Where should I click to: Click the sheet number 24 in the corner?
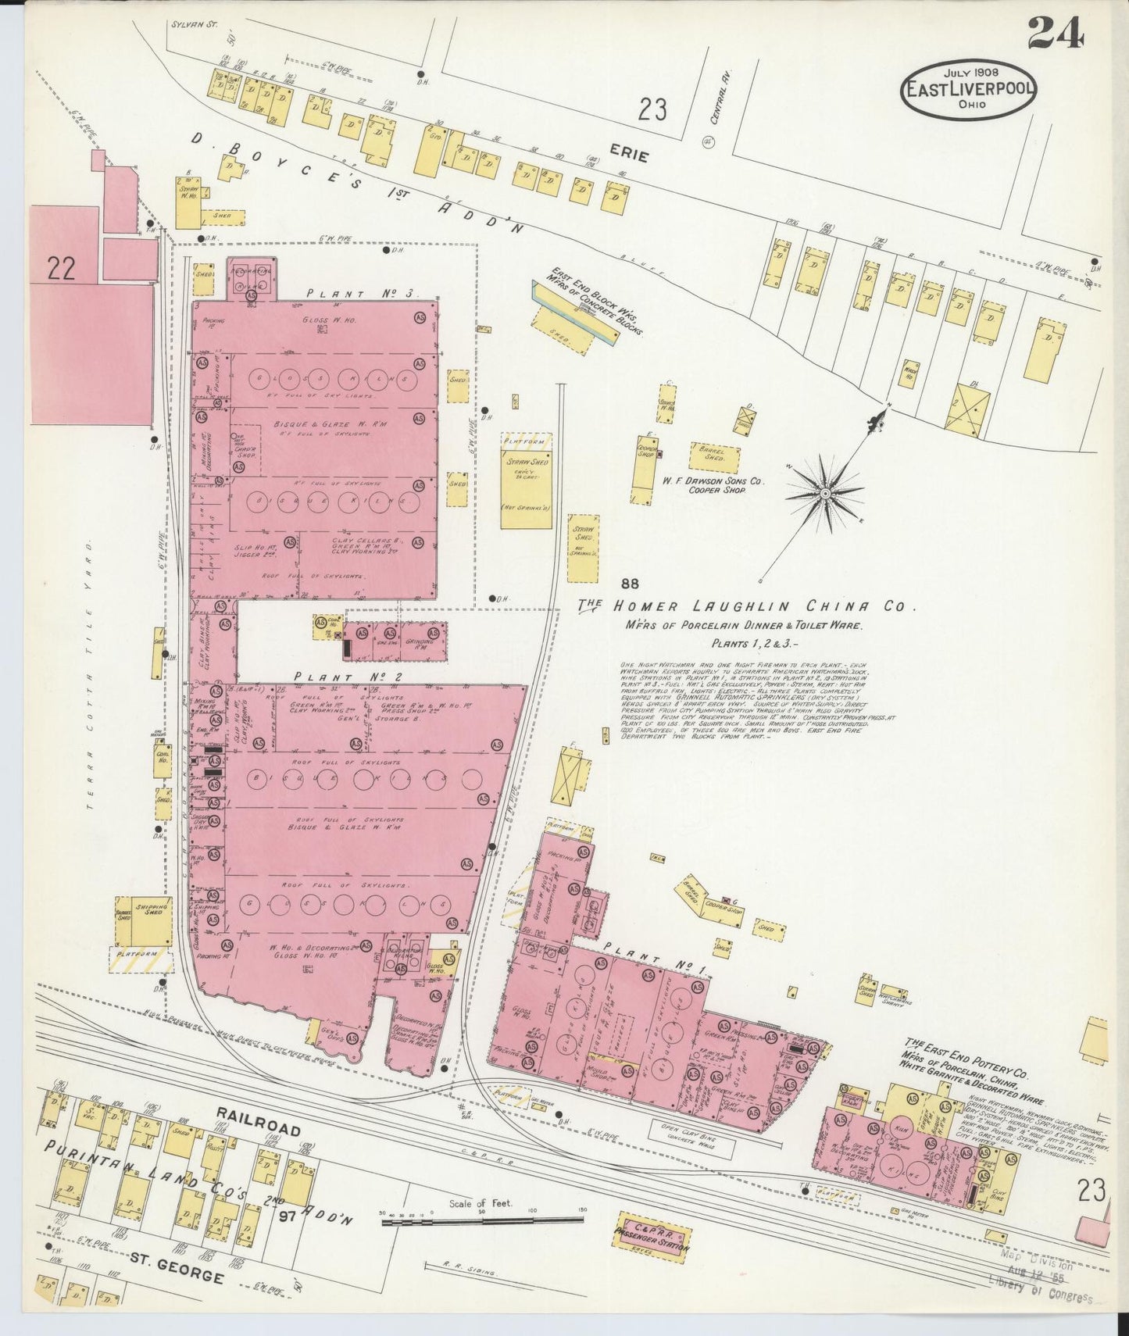tap(1055, 33)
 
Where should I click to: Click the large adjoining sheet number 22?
tap(60, 270)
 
